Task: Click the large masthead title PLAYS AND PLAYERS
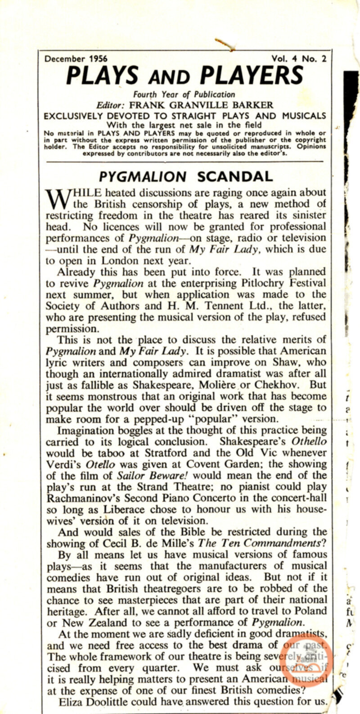coord(185,76)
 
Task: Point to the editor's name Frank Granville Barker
coord(201,105)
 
